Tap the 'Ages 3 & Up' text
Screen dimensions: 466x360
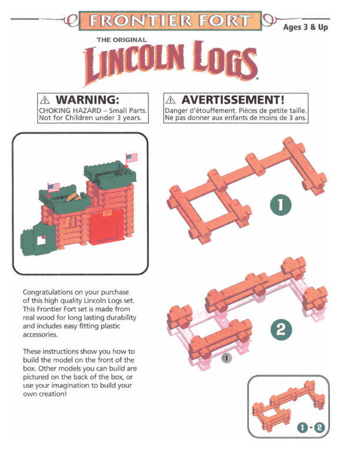(305, 28)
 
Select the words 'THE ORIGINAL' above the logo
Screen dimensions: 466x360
(122, 39)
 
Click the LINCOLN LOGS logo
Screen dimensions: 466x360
(171, 64)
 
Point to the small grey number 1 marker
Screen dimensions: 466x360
(227, 357)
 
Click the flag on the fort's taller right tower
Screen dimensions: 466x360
(131, 158)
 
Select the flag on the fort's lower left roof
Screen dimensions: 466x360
(54, 188)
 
